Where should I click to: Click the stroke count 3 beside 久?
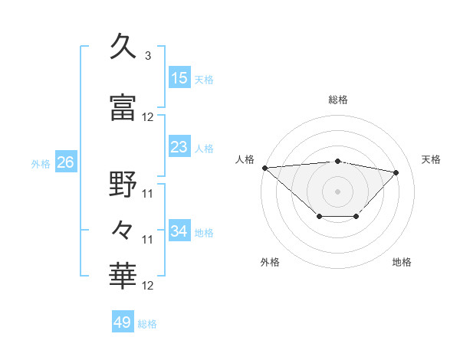point(148,56)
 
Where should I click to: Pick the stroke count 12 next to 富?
point(148,117)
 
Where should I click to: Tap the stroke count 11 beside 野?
point(148,194)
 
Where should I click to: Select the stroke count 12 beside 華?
point(148,286)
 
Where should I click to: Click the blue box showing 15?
point(179,78)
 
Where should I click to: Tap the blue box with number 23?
point(179,147)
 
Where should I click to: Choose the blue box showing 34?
point(179,231)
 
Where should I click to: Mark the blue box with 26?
point(65,162)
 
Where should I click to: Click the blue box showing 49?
point(123,322)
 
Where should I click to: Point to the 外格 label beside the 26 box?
point(41,163)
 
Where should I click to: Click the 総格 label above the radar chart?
point(338,100)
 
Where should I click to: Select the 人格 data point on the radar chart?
point(264,168)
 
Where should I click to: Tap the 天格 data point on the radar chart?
point(396,172)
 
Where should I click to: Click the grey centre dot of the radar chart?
point(337,191)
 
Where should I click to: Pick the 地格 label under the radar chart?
point(402,262)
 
